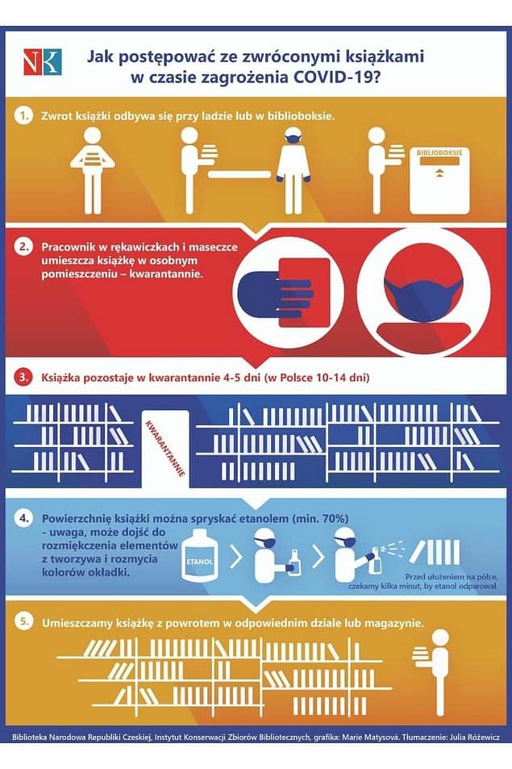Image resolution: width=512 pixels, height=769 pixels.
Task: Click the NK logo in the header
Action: point(42,62)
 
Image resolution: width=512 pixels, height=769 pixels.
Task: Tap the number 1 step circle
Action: point(23,116)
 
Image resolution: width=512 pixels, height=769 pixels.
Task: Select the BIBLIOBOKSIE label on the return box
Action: point(439,153)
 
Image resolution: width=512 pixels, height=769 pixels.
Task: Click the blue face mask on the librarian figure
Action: point(293,138)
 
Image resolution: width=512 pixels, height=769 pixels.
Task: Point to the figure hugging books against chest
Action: point(92,170)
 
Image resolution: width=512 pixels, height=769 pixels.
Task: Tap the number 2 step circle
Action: point(23,247)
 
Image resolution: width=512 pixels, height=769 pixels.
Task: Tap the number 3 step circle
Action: point(23,378)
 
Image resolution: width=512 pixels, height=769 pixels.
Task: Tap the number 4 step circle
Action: point(23,518)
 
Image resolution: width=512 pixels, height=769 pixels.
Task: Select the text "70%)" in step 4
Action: point(335,518)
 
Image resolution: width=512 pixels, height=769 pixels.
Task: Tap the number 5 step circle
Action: point(23,622)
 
